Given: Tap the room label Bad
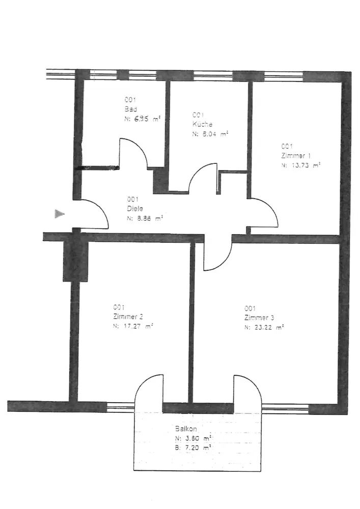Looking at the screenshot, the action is click(129, 109).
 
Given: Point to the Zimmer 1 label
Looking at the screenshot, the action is click(295, 156).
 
